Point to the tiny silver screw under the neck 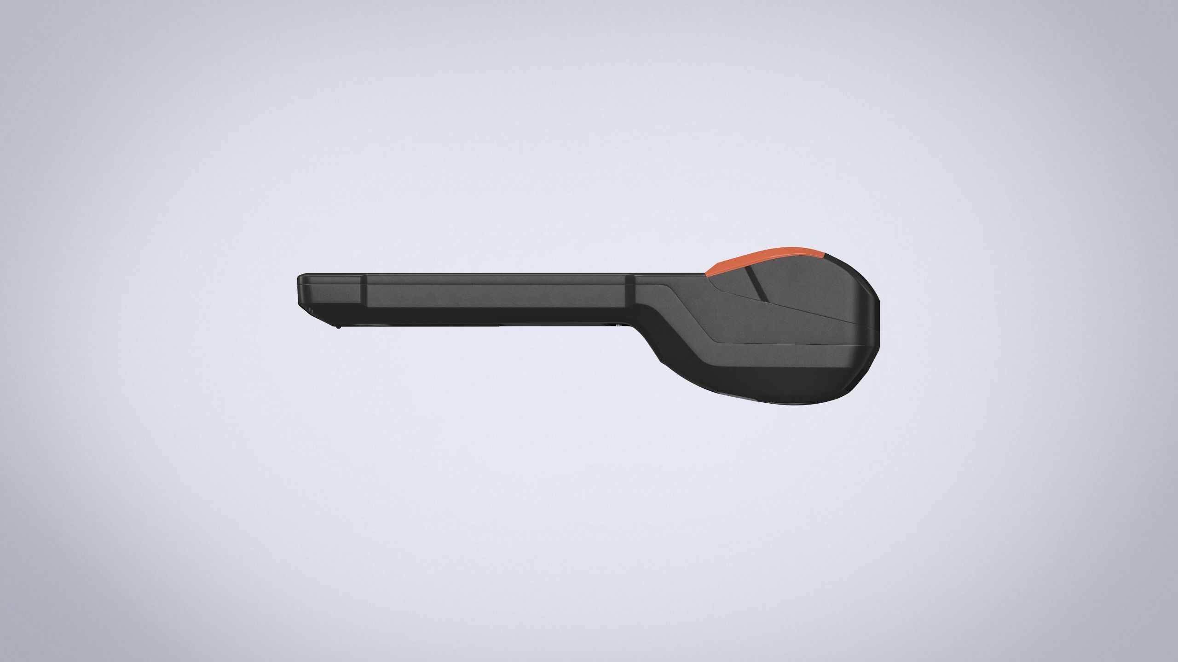coord(618,325)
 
